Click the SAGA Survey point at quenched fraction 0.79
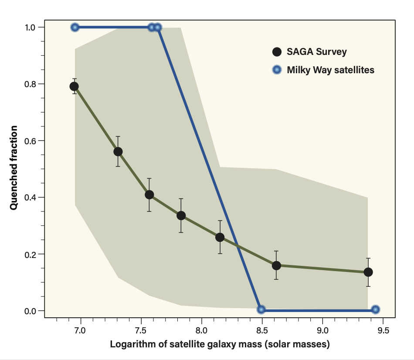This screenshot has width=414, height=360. [x=74, y=86]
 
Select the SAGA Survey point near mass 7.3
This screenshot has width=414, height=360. [x=118, y=152]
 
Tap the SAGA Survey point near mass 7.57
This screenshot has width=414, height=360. [x=149, y=194]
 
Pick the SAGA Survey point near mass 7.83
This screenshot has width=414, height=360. [x=181, y=215]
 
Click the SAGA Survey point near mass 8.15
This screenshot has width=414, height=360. [x=220, y=237]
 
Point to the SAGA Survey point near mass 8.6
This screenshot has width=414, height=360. [x=276, y=265]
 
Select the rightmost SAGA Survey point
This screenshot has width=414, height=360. [x=368, y=272]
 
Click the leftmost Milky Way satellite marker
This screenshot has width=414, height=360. [x=75, y=27]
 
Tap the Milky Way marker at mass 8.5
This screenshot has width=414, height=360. [x=261, y=309]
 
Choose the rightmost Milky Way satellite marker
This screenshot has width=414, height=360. [x=376, y=309]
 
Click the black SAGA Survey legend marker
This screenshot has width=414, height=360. [x=276, y=52]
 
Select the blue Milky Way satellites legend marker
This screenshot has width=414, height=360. [x=276, y=70]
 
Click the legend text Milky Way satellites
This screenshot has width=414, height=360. [x=330, y=70]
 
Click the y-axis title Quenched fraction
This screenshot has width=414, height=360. [x=14, y=168]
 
